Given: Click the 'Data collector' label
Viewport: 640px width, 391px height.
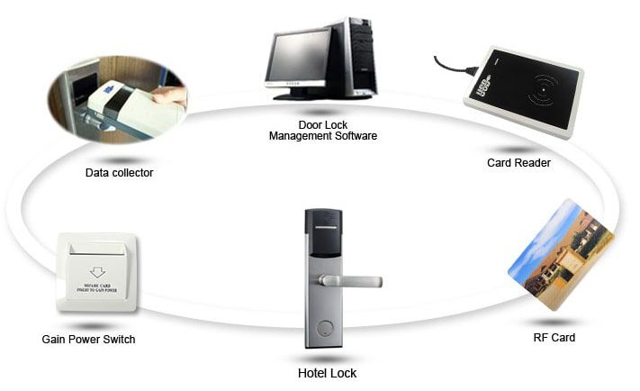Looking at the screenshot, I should coord(119,173).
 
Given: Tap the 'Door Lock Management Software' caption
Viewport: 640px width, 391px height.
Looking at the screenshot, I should coord(323,131).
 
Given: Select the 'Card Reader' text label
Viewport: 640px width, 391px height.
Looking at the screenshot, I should coord(518,163).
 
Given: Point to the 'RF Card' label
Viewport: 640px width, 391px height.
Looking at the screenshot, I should coord(554,338).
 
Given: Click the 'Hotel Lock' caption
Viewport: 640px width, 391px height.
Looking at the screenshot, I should coord(327,372).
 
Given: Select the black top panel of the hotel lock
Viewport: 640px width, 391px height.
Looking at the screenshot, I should coord(322,230).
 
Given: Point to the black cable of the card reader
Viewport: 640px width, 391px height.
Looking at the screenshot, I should coord(451,66).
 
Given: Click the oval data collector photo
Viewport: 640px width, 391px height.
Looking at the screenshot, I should coord(116,94).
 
